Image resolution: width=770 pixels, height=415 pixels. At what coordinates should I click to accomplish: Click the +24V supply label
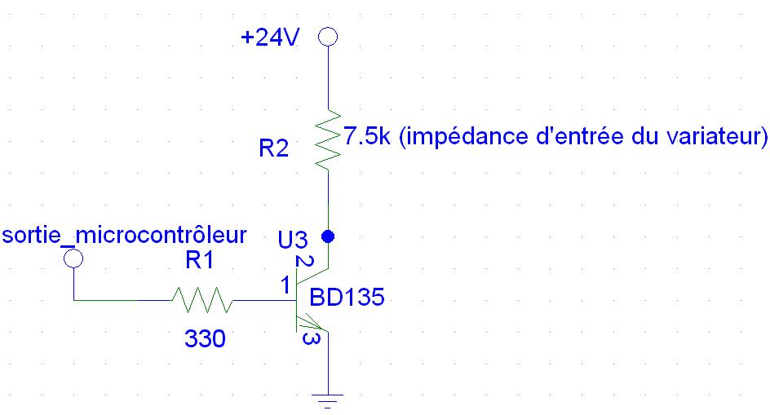pos(271,38)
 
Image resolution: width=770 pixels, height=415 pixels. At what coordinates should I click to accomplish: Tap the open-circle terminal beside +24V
pos(328,38)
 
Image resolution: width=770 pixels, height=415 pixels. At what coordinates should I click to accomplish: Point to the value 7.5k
pos(366,136)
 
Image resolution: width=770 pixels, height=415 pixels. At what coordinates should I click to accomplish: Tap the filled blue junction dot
pos(328,237)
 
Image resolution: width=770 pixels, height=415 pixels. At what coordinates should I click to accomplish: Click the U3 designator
pos(292,240)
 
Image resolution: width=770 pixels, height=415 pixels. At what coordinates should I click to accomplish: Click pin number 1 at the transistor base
pos(284,285)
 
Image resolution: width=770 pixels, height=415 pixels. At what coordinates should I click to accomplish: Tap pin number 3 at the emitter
pos(308,338)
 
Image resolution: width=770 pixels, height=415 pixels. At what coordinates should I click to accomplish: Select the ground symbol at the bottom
pos(328,400)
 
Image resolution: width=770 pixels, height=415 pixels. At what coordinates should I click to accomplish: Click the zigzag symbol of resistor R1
pos(202,301)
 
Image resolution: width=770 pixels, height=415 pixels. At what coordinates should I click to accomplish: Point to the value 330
pos(205,338)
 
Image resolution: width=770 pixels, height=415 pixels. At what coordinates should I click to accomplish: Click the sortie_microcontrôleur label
pos(124,236)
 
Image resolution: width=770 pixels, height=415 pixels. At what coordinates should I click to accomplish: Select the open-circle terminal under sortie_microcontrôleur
pos(73,258)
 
